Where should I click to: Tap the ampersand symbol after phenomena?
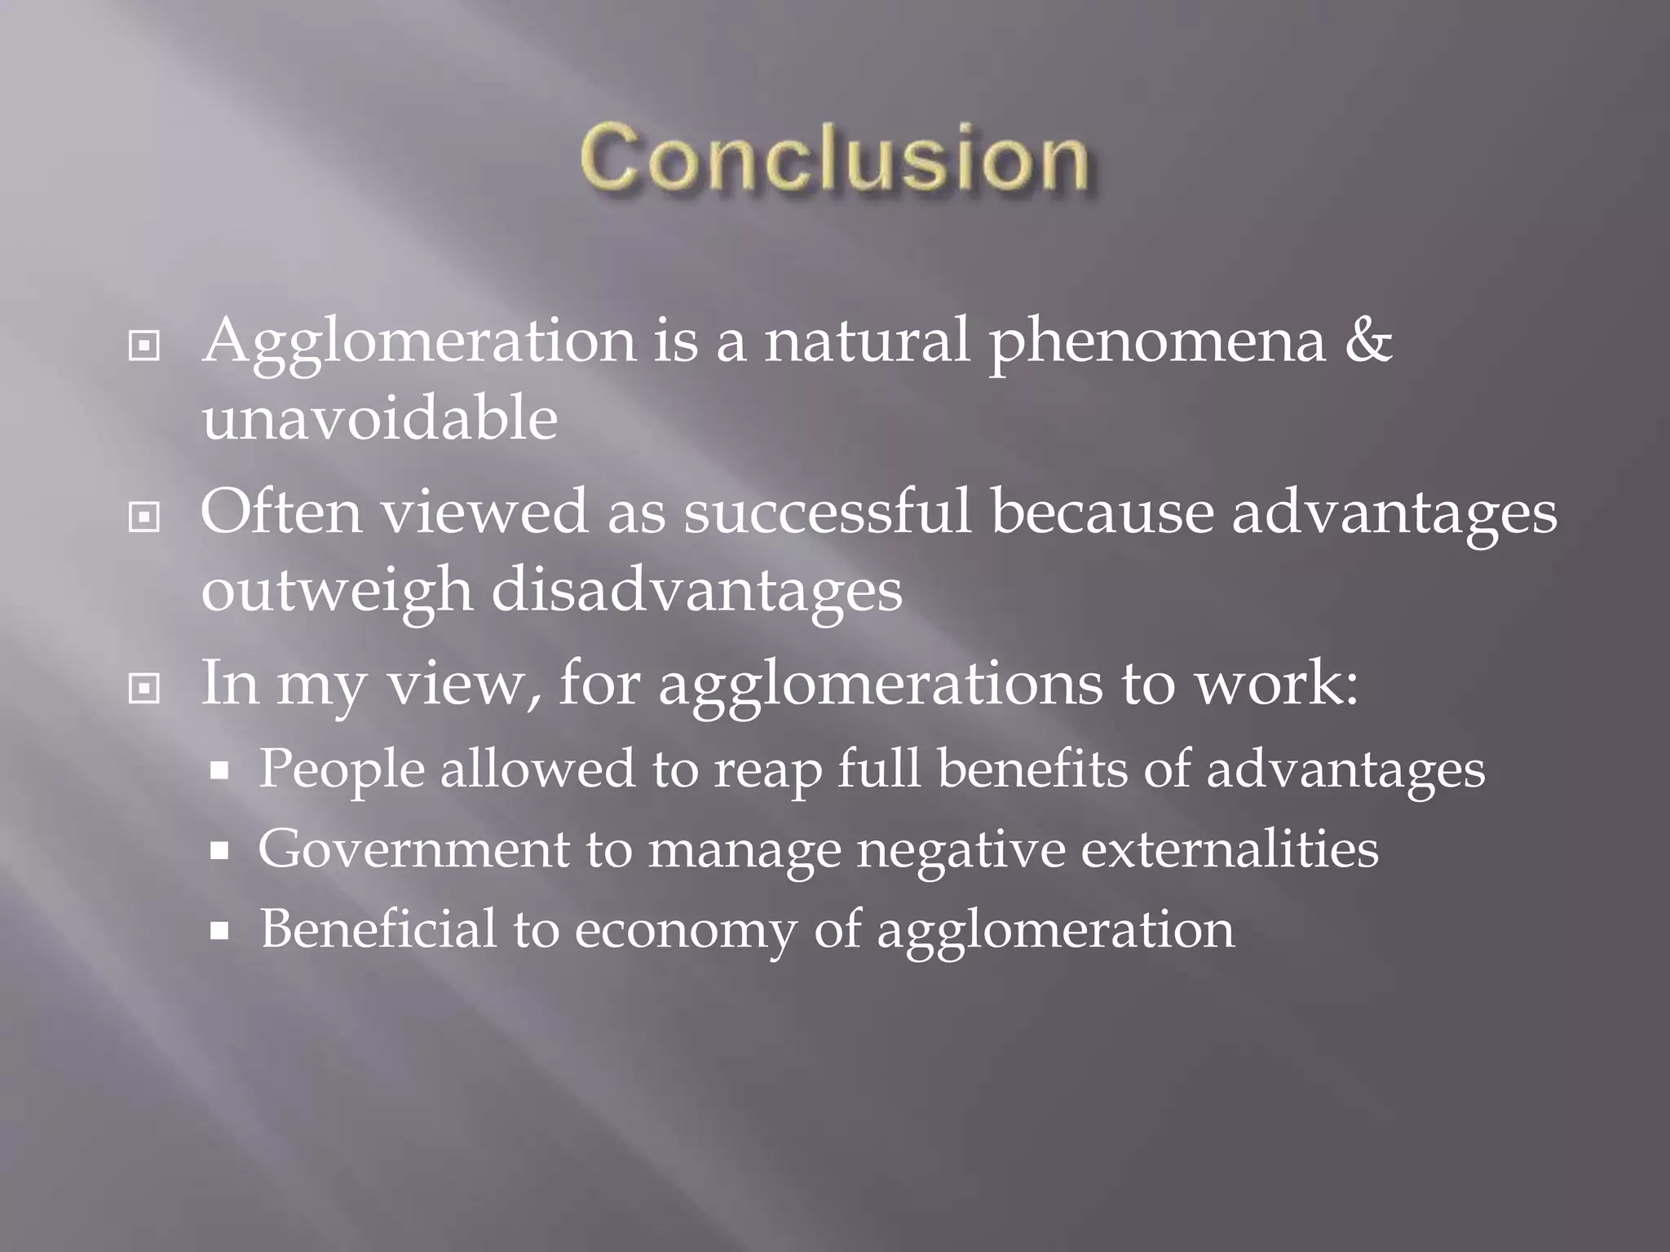point(1367,340)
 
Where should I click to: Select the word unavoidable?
point(379,419)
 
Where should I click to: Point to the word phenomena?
point(1158,342)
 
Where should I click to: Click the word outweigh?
point(336,591)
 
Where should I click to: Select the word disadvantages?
point(696,591)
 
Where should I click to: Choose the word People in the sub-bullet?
point(341,769)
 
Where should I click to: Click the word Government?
point(413,849)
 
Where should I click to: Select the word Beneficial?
point(378,929)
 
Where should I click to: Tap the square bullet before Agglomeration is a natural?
point(144,346)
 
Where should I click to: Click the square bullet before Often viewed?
point(144,517)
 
